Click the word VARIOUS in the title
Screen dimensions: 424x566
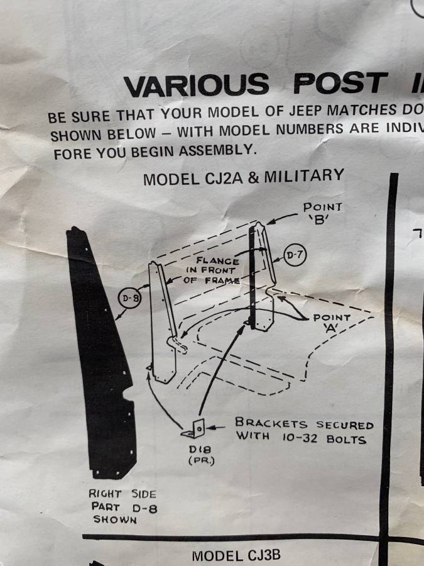(197, 85)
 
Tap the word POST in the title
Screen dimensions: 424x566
(340, 82)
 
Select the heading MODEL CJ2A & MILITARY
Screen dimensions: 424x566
(244, 177)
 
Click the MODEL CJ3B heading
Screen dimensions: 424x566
(236, 556)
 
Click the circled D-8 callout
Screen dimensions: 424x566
(129, 298)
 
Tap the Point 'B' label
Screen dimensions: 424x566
(322, 213)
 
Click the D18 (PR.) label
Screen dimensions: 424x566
(201, 455)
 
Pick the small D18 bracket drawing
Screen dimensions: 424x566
(194, 429)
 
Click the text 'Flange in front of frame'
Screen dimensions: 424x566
(213, 270)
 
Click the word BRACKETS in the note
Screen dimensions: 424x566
(271, 423)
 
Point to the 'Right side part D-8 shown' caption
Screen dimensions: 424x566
(122, 506)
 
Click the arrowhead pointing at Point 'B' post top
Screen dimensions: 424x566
(270, 221)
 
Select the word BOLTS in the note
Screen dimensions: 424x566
(346, 439)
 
